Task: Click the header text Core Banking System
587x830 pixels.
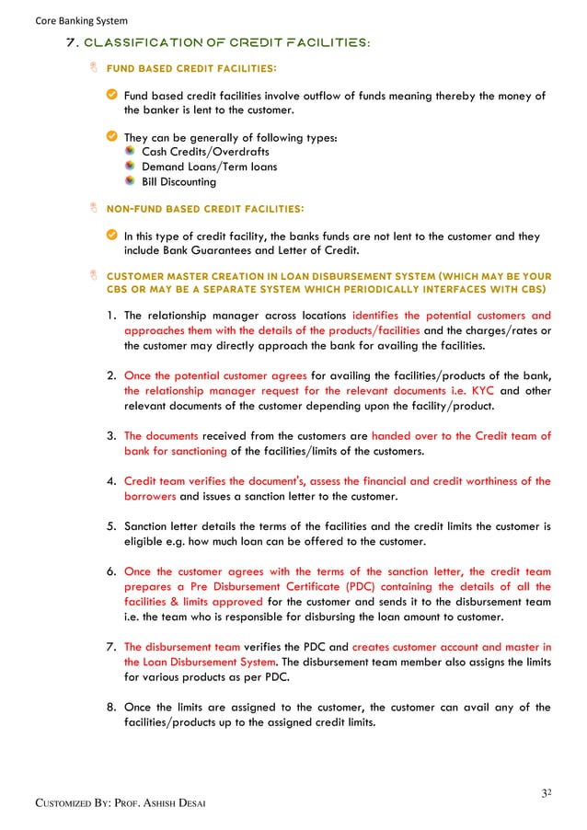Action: (69, 20)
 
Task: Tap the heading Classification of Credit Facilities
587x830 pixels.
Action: (216, 44)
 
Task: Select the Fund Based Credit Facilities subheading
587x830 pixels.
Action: (191, 68)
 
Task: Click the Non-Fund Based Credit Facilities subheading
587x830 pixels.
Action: (206, 209)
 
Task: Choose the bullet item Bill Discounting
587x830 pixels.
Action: (178, 181)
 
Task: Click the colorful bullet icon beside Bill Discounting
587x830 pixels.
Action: (131, 181)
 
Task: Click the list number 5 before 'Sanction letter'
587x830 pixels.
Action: (109, 527)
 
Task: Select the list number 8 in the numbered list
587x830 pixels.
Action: (109, 707)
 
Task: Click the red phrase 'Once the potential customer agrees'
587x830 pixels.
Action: (215, 375)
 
